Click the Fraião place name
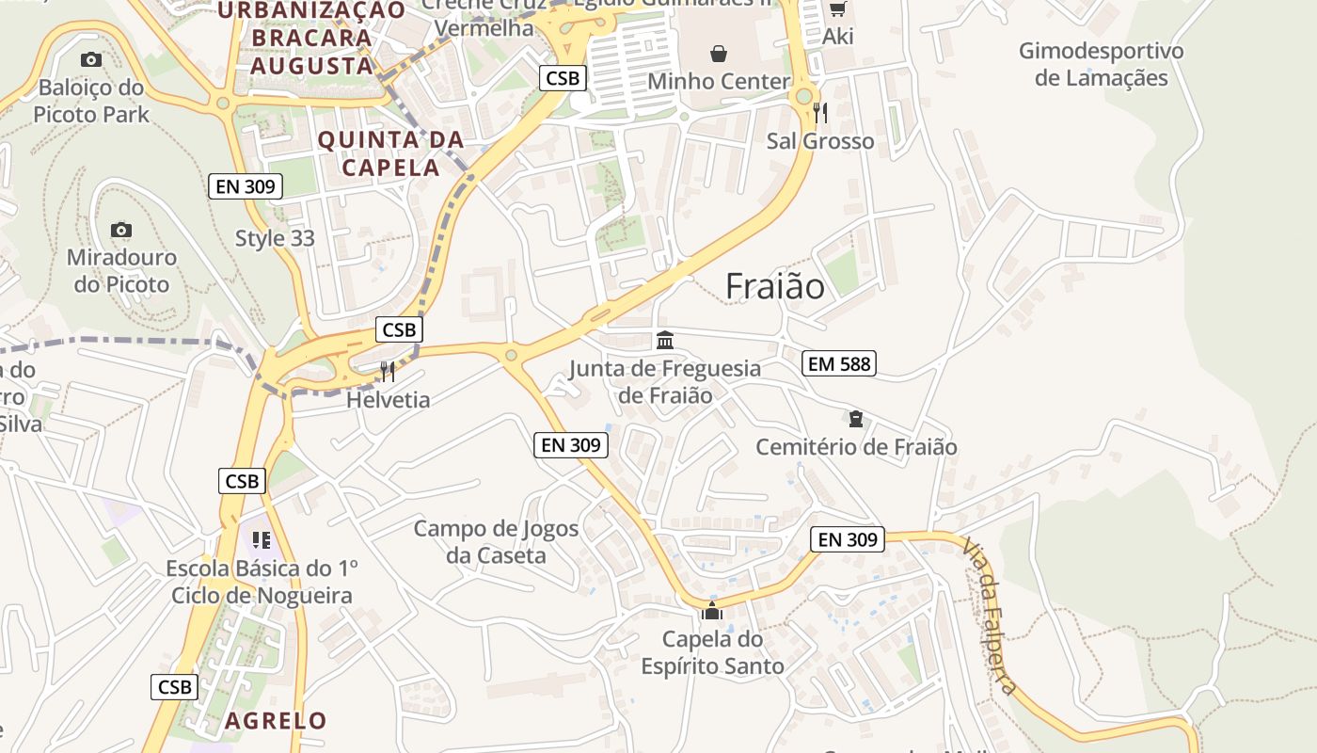[x=774, y=286]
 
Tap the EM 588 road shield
[x=839, y=363]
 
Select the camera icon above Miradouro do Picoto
[x=120, y=230]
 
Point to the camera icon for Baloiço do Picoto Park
[x=90, y=60]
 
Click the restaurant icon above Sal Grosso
[x=820, y=113]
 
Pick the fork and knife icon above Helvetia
[x=388, y=372]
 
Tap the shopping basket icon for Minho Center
[x=719, y=54]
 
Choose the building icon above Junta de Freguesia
[x=665, y=340]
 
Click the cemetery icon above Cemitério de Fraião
[x=856, y=418]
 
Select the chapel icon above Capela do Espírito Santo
[x=712, y=611]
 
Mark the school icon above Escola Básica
[x=261, y=540]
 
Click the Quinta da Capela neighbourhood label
[x=390, y=154]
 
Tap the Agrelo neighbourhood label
[x=276, y=721]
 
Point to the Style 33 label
[x=275, y=238]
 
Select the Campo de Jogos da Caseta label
[x=496, y=541]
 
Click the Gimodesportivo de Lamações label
[x=1101, y=64]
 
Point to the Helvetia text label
[x=388, y=399]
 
